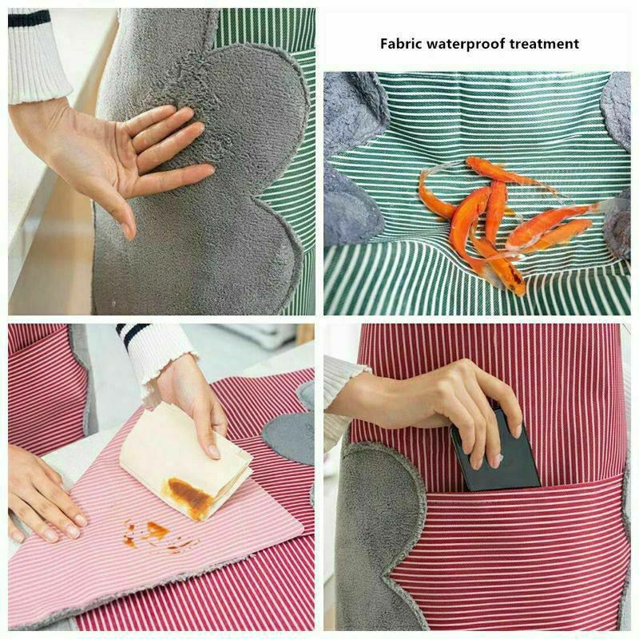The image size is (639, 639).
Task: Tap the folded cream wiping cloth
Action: coord(185,460)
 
